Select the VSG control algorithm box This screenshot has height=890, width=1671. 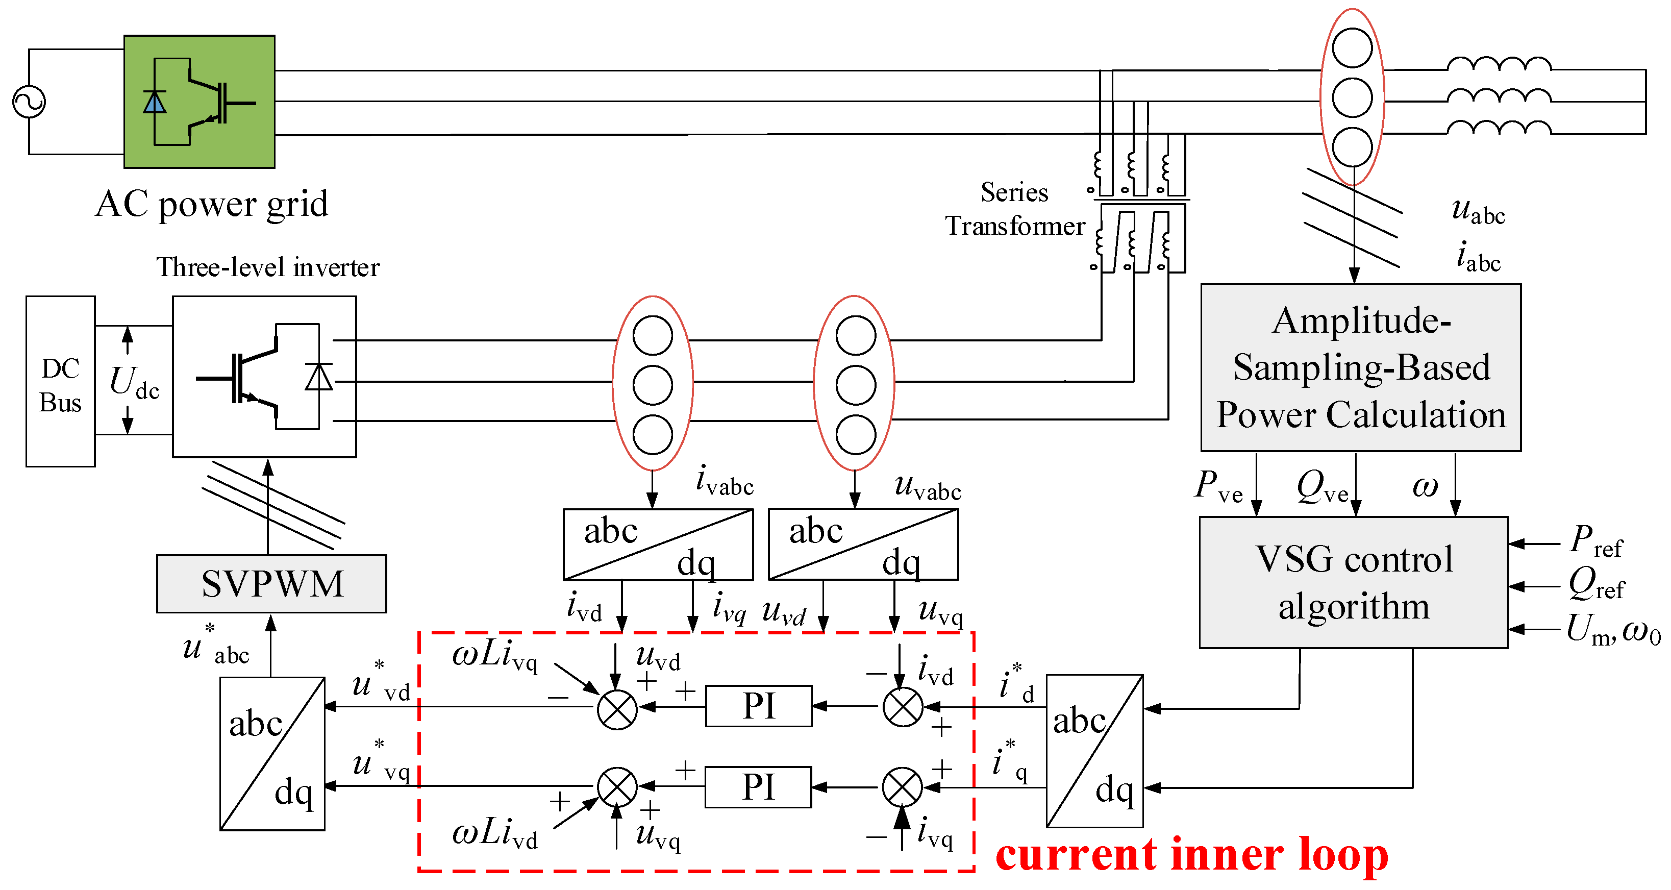[x=1353, y=582]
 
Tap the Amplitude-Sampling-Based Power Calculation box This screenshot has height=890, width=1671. [x=1360, y=367]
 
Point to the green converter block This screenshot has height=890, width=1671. [x=199, y=102]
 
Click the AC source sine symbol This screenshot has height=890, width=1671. [x=29, y=102]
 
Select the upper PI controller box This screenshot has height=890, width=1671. [x=758, y=706]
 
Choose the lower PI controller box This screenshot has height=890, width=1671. [x=758, y=787]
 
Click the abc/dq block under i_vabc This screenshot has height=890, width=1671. [x=658, y=544]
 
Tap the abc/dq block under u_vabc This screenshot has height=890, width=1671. [x=863, y=544]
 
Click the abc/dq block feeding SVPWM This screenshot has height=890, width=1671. [x=272, y=754]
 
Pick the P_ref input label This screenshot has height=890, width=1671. [x=1596, y=541]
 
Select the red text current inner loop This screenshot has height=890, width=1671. [x=1191, y=855]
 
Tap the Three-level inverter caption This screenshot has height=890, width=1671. [x=267, y=267]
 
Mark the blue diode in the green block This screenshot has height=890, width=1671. [x=155, y=103]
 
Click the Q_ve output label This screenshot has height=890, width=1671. [x=1322, y=486]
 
